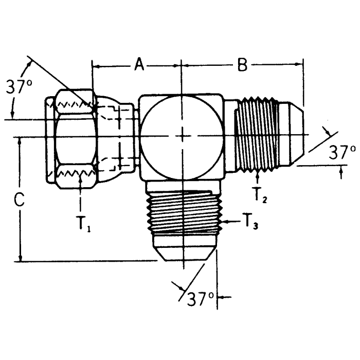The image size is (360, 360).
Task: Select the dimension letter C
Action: tap(19, 201)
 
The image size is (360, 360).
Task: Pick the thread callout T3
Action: tap(250, 222)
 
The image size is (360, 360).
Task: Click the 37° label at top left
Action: tap(19, 87)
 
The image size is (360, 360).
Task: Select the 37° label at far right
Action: tap(342, 152)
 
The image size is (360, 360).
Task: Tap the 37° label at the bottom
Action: tap(200, 299)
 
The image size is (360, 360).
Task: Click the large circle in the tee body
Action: tap(183, 135)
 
